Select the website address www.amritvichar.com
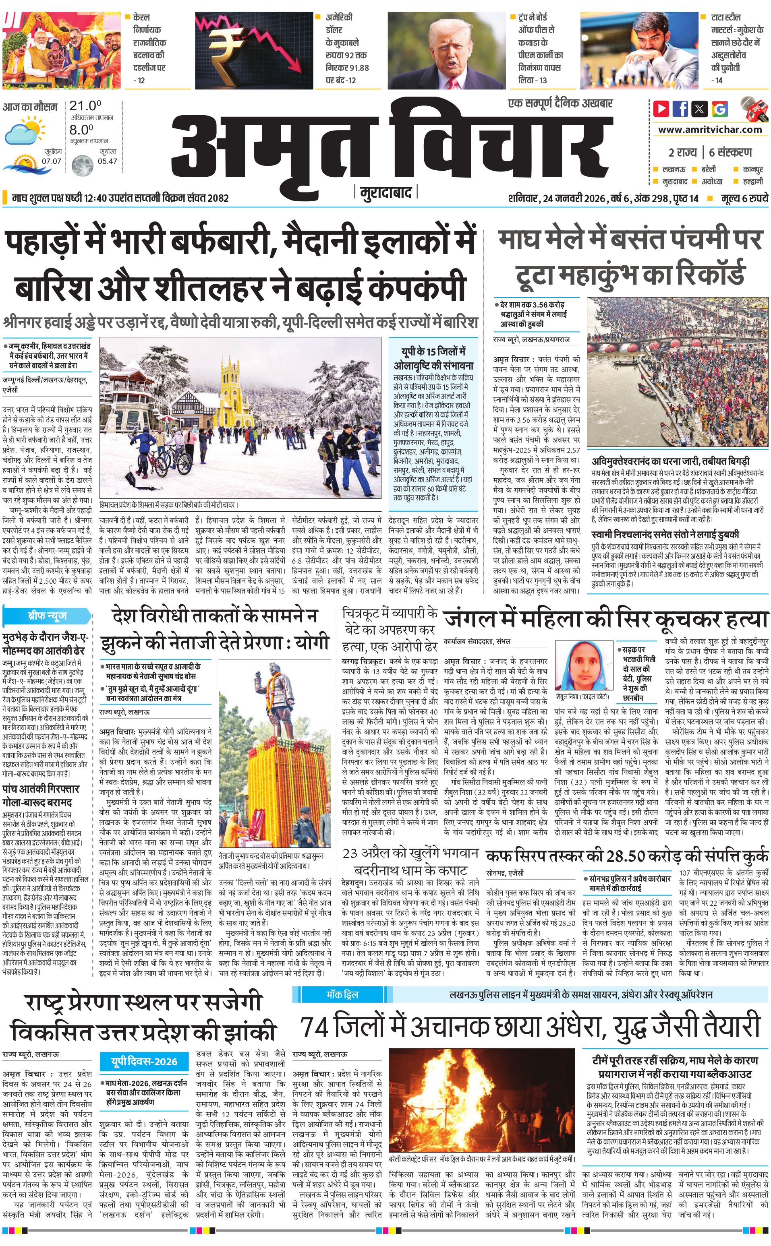tap(710, 130)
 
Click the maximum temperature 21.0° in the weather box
tap(85, 106)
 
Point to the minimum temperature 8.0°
tap(82, 130)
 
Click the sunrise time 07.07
tap(52, 161)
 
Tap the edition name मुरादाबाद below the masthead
tap(385, 192)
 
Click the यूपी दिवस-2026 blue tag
tap(144, 1062)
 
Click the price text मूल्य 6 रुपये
tap(744, 198)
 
